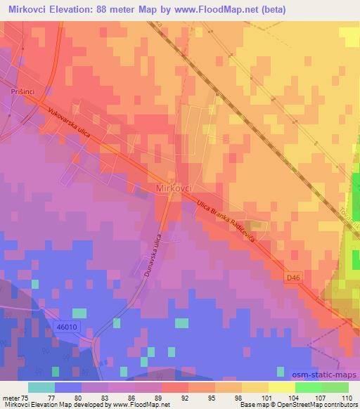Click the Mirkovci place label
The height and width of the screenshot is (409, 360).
173,189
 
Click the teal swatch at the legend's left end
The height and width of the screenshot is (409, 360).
41,387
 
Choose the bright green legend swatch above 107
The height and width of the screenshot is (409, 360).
309,387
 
